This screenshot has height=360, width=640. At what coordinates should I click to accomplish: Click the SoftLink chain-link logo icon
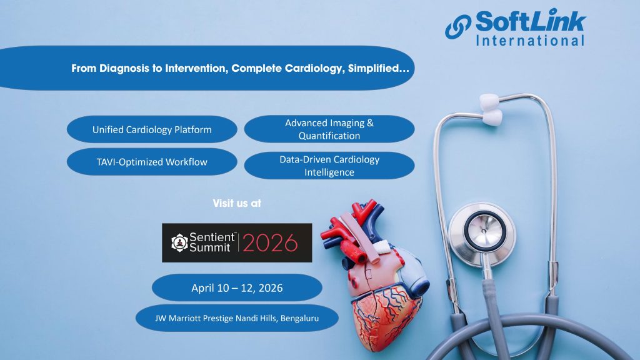coord(458,27)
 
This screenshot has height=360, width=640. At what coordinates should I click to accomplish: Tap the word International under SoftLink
coord(530,41)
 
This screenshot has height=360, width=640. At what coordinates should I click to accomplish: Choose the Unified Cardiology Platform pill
coord(152,129)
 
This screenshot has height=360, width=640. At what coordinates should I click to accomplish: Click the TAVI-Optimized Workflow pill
coord(152,162)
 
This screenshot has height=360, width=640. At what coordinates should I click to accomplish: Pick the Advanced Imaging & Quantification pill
coord(329,129)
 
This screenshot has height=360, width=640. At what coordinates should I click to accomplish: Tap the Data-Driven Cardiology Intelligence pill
coord(329,165)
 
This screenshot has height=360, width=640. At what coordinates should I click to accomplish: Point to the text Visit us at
coord(237,203)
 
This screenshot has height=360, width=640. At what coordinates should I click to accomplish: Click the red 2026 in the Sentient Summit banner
coord(270,243)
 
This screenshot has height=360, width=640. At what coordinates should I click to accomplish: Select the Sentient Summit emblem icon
coord(179,243)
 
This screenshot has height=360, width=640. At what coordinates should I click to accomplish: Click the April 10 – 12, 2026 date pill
coord(237,287)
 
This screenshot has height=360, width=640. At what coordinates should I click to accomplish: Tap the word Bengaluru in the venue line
coord(300,318)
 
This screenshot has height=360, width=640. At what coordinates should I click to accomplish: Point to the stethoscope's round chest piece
coord(482,234)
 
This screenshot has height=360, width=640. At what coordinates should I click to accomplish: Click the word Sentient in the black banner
coord(212,237)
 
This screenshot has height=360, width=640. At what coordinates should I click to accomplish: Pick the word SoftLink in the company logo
coord(531,21)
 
